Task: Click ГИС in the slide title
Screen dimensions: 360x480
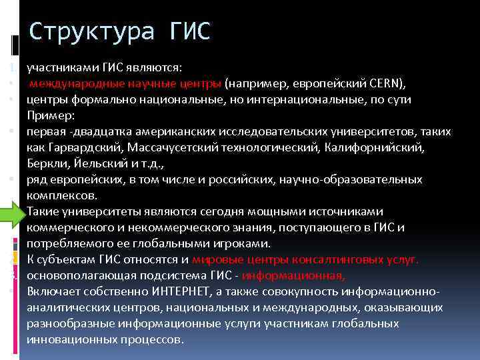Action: click(181, 31)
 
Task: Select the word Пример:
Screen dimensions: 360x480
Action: click(46, 115)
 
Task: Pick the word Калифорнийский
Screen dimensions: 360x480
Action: click(370, 147)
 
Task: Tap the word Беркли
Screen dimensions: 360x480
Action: click(44, 163)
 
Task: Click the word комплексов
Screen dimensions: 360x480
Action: click(61, 195)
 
